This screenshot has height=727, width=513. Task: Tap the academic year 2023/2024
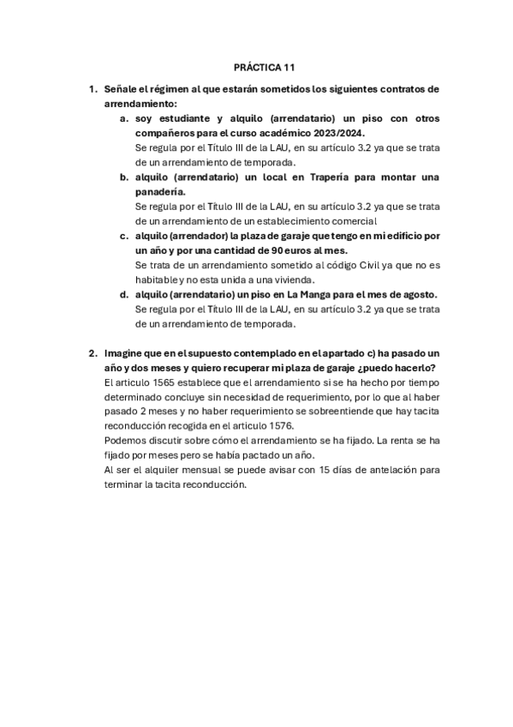click(336, 133)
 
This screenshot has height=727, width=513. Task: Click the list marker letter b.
click(124, 177)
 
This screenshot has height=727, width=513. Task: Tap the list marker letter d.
click(124, 294)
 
